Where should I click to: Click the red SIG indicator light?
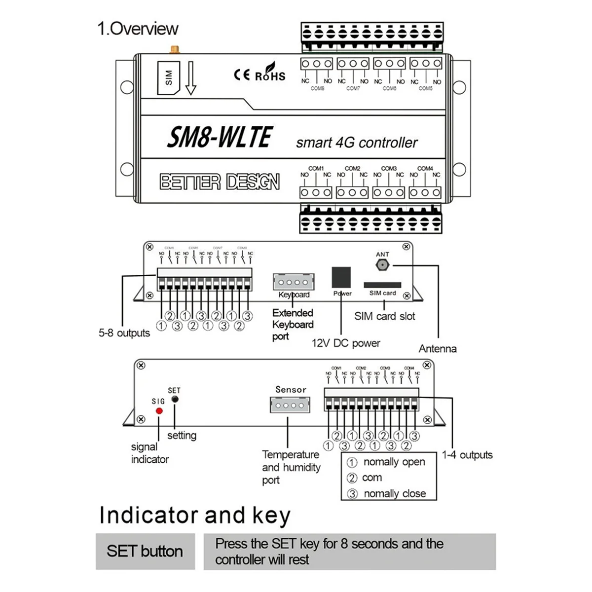coord(159,411)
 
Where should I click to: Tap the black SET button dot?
coord(174,399)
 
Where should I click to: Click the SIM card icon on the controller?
coord(168,77)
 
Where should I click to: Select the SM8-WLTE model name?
coord(220,137)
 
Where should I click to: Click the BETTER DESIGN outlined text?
coord(220,182)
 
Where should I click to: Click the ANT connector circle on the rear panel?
coord(382,265)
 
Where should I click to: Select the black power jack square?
coord(341,277)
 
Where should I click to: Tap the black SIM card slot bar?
coord(382,285)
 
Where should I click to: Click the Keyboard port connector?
coord(294,283)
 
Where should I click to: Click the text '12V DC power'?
coord(346,343)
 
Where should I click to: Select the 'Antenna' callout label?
coord(438,349)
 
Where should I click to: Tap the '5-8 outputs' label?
coord(124,333)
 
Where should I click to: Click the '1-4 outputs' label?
coord(467,455)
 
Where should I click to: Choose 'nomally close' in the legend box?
coord(394,493)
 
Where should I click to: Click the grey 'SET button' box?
coord(145,551)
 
